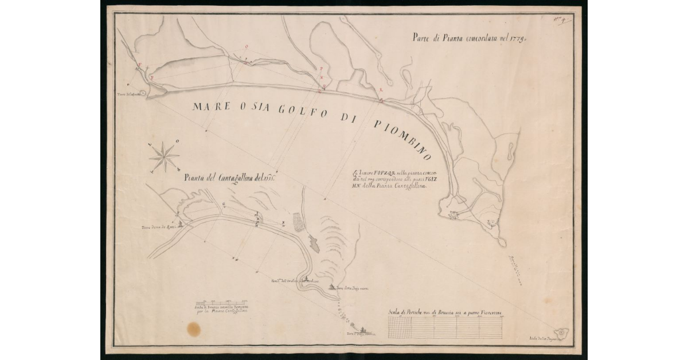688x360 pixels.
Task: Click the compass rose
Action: tap(165, 156)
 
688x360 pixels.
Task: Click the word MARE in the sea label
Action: tap(210, 107)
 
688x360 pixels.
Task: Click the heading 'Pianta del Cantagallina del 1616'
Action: tap(230, 178)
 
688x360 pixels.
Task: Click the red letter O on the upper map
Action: tap(247, 46)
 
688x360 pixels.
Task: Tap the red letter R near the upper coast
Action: tap(381, 89)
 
